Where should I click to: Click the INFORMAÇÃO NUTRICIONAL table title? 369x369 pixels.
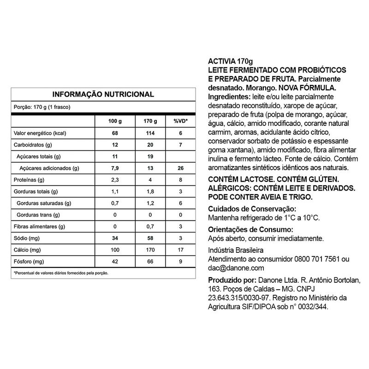pos(102,95)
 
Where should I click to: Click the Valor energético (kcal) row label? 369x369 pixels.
pos(41,133)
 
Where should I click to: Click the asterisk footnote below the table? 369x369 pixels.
pos(61,273)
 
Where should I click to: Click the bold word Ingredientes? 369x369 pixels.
pos(228,97)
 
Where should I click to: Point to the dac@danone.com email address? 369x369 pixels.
pos(236,268)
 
